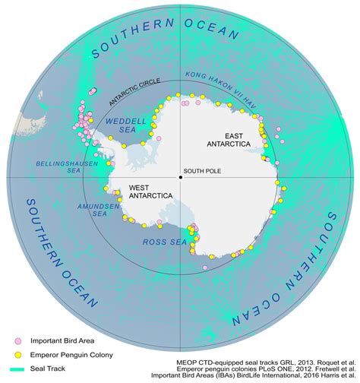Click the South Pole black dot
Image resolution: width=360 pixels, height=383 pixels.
tap(180, 177)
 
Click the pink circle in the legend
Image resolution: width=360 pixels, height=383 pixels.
tap(13, 341)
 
